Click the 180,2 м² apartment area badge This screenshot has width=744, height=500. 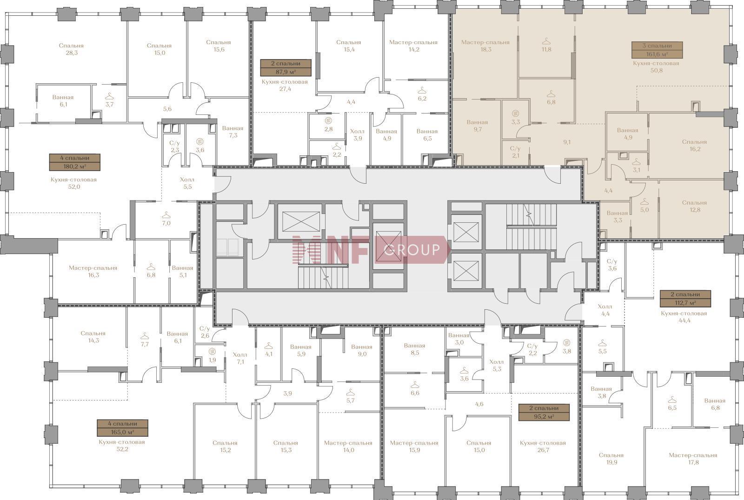click(x=75, y=162)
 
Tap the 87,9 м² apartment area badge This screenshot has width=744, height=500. click(x=286, y=68)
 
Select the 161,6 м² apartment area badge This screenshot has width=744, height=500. click(x=657, y=50)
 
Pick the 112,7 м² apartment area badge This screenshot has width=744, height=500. click(x=685, y=299)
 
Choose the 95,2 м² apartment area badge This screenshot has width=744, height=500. click(x=544, y=412)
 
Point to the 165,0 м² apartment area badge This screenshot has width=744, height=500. click(x=123, y=428)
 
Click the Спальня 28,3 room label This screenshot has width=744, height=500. click(x=72, y=49)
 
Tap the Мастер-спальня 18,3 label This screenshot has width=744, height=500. click(x=485, y=46)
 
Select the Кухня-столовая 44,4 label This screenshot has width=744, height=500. click(x=684, y=317)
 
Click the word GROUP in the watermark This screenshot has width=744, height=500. click(x=412, y=249)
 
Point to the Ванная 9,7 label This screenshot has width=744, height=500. click(x=477, y=126)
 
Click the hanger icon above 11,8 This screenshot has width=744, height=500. click(x=546, y=41)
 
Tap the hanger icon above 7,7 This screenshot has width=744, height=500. click(x=145, y=336)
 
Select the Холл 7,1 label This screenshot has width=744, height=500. click(x=240, y=358)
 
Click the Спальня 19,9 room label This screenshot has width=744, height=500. click(x=611, y=459)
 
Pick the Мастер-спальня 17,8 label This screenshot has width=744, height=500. click(x=693, y=459)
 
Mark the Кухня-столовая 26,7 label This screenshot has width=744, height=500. click(x=543, y=446)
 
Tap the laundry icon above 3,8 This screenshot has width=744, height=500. click(x=567, y=342)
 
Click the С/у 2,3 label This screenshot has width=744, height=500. click(x=174, y=147)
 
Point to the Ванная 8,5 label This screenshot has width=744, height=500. click(x=414, y=349)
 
